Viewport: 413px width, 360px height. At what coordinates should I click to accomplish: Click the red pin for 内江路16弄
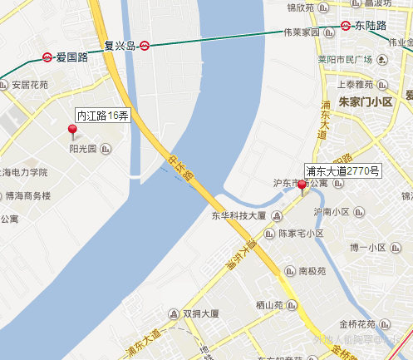(x=71, y=129)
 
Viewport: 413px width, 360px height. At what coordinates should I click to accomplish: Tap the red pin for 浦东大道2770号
(x=302, y=187)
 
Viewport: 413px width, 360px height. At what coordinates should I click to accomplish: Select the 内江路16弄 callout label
(x=102, y=116)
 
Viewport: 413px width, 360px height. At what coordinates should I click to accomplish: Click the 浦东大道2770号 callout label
(x=343, y=170)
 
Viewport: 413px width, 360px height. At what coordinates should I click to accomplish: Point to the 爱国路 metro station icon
(x=47, y=58)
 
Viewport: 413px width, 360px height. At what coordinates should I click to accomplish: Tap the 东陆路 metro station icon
(x=346, y=25)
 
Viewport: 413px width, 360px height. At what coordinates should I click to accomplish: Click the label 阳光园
(x=83, y=150)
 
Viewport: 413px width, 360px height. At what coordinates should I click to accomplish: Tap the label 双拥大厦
(x=200, y=314)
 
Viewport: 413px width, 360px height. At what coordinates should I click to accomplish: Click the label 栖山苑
(x=271, y=304)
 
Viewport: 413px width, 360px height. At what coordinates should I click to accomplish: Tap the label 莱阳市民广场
(x=349, y=60)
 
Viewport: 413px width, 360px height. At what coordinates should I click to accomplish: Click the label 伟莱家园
(x=301, y=33)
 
